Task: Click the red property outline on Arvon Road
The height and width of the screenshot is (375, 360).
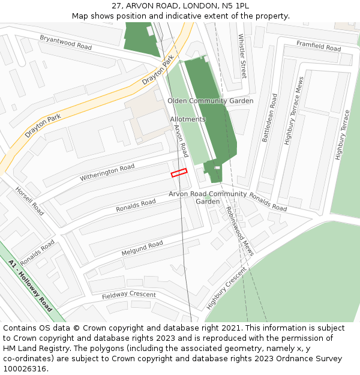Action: [x=179, y=173]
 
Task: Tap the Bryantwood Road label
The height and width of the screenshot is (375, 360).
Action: [x=66, y=42]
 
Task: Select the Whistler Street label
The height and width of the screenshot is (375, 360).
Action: [x=242, y=56]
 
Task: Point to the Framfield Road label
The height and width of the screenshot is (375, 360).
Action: [x=319, y=46]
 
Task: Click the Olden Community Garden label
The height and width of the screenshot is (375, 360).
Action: [x=210, y=101]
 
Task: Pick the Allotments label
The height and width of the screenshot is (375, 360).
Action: [x=188, y=119]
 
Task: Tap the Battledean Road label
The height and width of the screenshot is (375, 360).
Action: [x=269, y=118]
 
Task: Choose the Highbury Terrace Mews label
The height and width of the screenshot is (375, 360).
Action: [x=294, y=111]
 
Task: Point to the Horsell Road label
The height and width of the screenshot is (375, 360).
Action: [x=29, y=201]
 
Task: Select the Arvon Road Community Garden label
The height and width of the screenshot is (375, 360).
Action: [x=208, y=197]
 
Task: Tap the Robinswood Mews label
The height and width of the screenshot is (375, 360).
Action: [x=239, y=231]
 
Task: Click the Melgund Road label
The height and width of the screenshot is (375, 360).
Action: [x=142, y=248]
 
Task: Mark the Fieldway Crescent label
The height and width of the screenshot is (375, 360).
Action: [x=128, y=295]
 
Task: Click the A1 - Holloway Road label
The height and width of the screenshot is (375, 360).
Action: [x=31, y=285]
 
